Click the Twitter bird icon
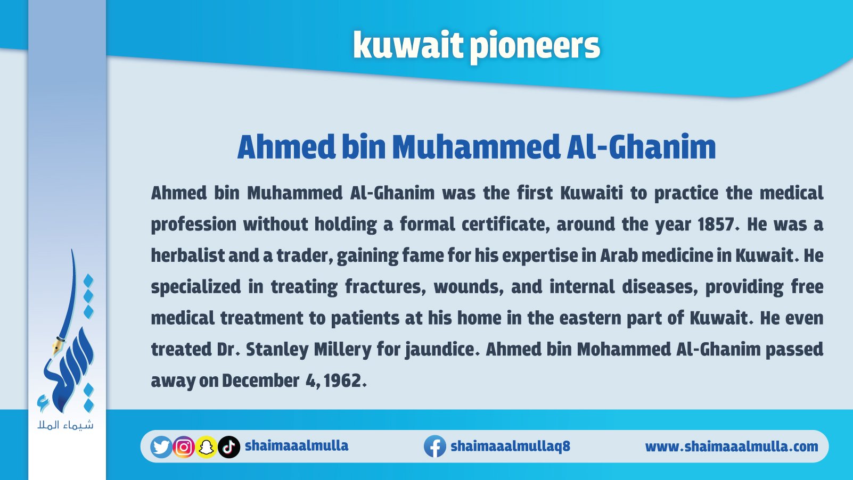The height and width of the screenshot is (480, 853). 161,446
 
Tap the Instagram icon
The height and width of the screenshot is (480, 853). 184,447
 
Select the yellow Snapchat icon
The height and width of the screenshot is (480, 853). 207,447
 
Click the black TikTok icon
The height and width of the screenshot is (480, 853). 229,447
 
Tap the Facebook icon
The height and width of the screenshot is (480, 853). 435,446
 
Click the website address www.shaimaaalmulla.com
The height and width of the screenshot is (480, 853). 732,446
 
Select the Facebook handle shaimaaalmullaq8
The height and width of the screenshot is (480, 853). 510,446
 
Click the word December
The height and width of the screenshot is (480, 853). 260,380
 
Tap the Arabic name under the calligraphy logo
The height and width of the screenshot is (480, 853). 65,425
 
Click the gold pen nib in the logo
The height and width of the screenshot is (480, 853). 58,345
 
